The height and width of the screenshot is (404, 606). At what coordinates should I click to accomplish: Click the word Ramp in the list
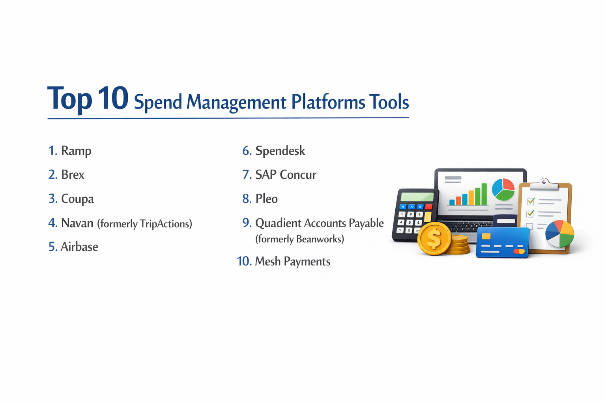[x=76, y=151]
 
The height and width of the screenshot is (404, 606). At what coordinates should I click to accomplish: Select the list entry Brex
[x=73, y=175]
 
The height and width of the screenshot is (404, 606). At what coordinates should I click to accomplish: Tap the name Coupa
[x=77, y=199]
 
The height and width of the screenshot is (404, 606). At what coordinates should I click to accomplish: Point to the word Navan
[x=77, y=223]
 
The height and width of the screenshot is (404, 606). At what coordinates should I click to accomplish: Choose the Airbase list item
[x=79, y=247]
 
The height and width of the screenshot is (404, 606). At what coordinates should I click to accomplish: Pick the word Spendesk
[x=280, y=151]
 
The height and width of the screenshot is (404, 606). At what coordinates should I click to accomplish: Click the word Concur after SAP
[x=298, y=175]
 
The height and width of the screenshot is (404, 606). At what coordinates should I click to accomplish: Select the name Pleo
[x=266, y=199]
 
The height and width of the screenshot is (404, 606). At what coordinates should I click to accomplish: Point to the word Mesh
[x=267, y=262]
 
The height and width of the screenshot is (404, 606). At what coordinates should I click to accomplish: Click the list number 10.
[x=244, y=262]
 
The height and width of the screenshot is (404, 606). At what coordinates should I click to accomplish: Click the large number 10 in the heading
[x=113, y=98]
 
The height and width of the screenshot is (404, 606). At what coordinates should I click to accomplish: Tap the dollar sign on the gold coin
[x=434, y=239]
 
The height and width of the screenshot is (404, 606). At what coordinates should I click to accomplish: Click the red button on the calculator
[x=429, y=207]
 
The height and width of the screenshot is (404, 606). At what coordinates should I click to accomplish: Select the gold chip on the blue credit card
[x=486, y=236]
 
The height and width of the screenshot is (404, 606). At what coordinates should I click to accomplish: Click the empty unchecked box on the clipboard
[x=529, y=226]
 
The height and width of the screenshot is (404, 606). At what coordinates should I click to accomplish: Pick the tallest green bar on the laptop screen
[x=484, y=194]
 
